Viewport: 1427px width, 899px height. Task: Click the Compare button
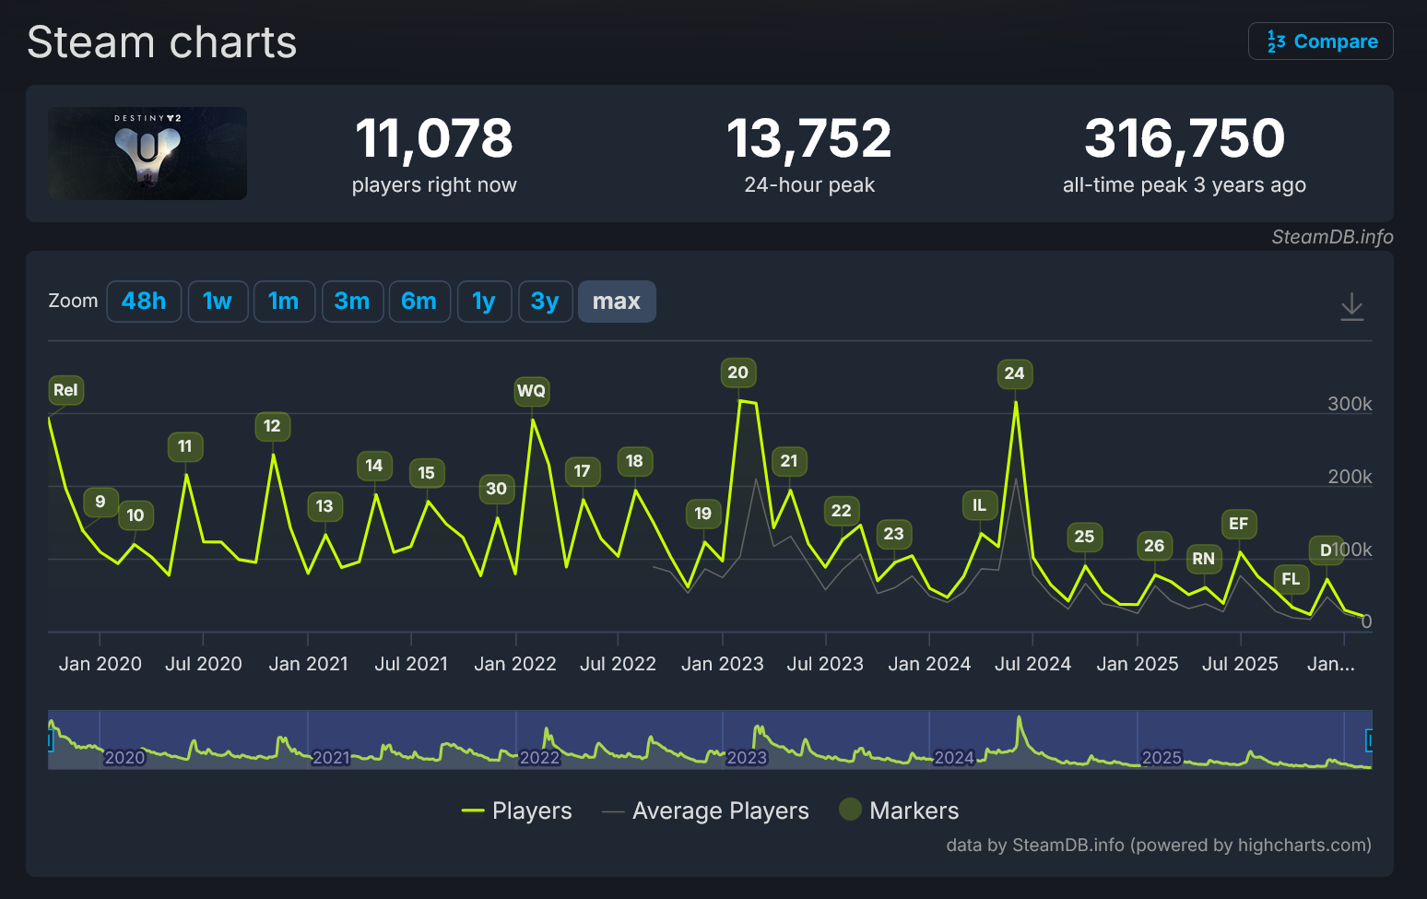click(x=1320, y=41)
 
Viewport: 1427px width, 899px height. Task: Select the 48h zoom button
click(x=144, y=302)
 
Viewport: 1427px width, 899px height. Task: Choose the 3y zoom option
click(x=545, y=302)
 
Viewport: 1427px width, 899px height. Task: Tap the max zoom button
click(x=616, y=302)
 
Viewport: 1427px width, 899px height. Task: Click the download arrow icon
click(x=1351, y=306)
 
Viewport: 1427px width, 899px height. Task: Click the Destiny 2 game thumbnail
click(x=147, y=153)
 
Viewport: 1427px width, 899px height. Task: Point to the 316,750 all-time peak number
click(x=1184, y=138)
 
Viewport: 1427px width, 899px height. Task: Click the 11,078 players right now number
click(x=433, y=138)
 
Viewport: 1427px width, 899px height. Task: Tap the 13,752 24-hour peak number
click(x=808, y=138)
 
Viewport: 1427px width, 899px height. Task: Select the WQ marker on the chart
click(x=531, y=391)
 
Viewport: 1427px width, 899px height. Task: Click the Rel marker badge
click(x=65, y=390)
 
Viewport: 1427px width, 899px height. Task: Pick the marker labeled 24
click(x=1014, y=373)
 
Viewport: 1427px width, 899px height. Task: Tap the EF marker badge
click(x=1238, y=524)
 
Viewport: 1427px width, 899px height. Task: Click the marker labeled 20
click(x=737, y=373)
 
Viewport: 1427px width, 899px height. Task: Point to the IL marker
click(x=979, y=504)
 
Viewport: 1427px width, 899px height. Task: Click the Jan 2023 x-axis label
click(x=722, y=664)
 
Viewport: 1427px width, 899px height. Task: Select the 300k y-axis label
click(x=1349, y=404)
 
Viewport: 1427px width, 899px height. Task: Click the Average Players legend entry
click(x=720, y=810)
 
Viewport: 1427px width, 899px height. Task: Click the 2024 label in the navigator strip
click(x=953, y=758)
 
